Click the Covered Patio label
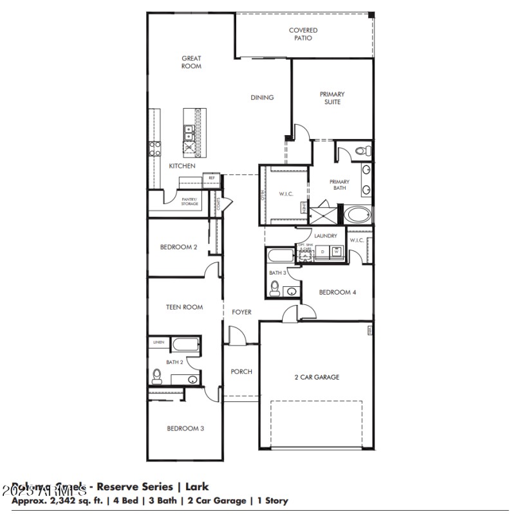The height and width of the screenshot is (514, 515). coord(303,34)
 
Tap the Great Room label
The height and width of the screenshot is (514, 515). coord(191,62)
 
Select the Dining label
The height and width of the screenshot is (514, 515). coord(262,98)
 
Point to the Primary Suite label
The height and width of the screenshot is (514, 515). coord(332,98)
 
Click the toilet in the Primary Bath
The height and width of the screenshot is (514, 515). coord(362,151)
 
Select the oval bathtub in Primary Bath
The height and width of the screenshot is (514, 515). coord(358,214)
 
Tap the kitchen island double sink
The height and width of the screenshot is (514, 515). coord(190,134)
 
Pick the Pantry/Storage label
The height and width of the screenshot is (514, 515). coord(189,202)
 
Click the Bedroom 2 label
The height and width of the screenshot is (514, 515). coord(178,246)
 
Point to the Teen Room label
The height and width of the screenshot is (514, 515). coord(184,307)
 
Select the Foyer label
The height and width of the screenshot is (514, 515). coord(241,312)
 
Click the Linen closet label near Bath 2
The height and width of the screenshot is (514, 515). coord(158,343)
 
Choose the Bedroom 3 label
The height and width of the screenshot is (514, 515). coord(185,428)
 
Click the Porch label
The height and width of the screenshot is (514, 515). coord(241,372)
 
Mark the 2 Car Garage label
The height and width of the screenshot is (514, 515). coord(316,377)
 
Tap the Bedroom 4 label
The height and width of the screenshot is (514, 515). coord(337,292)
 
